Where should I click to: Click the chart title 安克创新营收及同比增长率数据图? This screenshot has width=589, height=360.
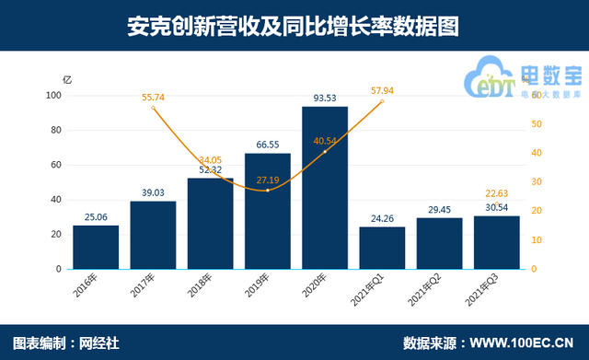[x=294, y=26]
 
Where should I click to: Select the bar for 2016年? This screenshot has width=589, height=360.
[x=96, y=247]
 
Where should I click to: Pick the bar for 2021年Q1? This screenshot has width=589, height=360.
[x=382, y=248]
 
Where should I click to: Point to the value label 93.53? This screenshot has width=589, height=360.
[x=325, y=99]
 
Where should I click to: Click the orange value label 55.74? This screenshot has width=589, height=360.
[x=153, y=97]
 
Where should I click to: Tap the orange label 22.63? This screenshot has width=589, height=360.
[x=496, y=192]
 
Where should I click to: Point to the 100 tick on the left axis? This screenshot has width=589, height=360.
[x=53, y=95]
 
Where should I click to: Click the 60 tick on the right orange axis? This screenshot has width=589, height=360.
[x=538, y=95]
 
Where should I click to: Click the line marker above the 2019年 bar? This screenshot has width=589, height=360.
[x=268, y=190]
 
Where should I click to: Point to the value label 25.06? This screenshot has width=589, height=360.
[x=96, y=216]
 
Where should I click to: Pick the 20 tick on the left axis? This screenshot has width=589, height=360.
[x=56, y=235]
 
